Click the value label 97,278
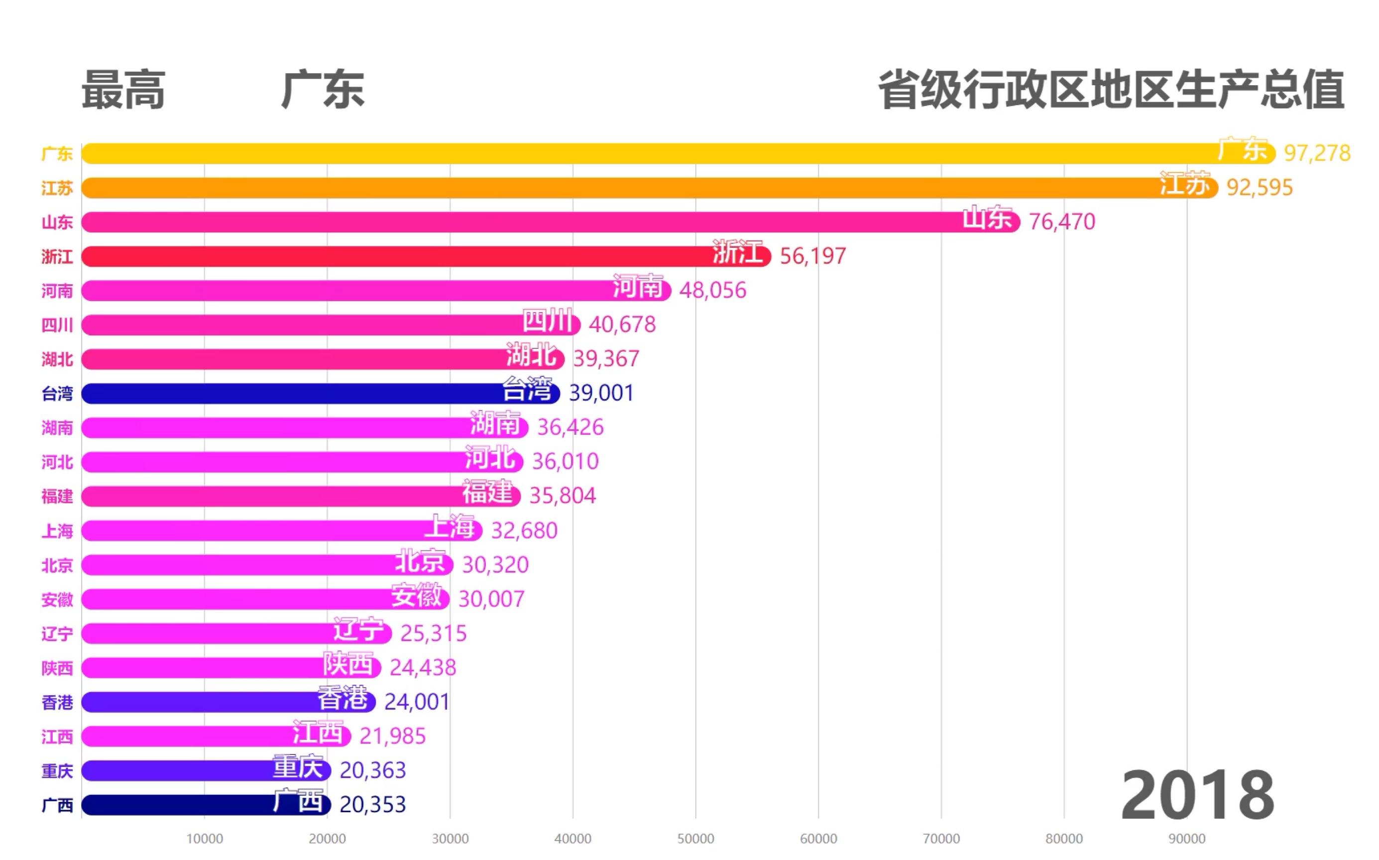(x=1316, y=153)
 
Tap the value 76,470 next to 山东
(x=1061, y=222)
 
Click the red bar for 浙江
(x=398, y=256)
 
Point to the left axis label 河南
(x=57, y=291)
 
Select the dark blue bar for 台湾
(x=284, y=394)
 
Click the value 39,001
(x=601, y=393)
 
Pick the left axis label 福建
(x=57, y=497)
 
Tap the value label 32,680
(x=524, y=531)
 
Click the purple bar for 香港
(x=199, y=702)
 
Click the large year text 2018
(x=1197, y=795)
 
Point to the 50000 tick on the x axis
(x=695, y=839)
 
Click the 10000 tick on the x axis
(x=204, y=839)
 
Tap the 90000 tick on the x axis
(x=1187, y=839)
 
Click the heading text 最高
(x=123, y=90)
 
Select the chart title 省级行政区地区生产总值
(x=1111, y=90)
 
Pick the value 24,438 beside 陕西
(x=423, y=668)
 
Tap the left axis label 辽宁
(x=57, y=634)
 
